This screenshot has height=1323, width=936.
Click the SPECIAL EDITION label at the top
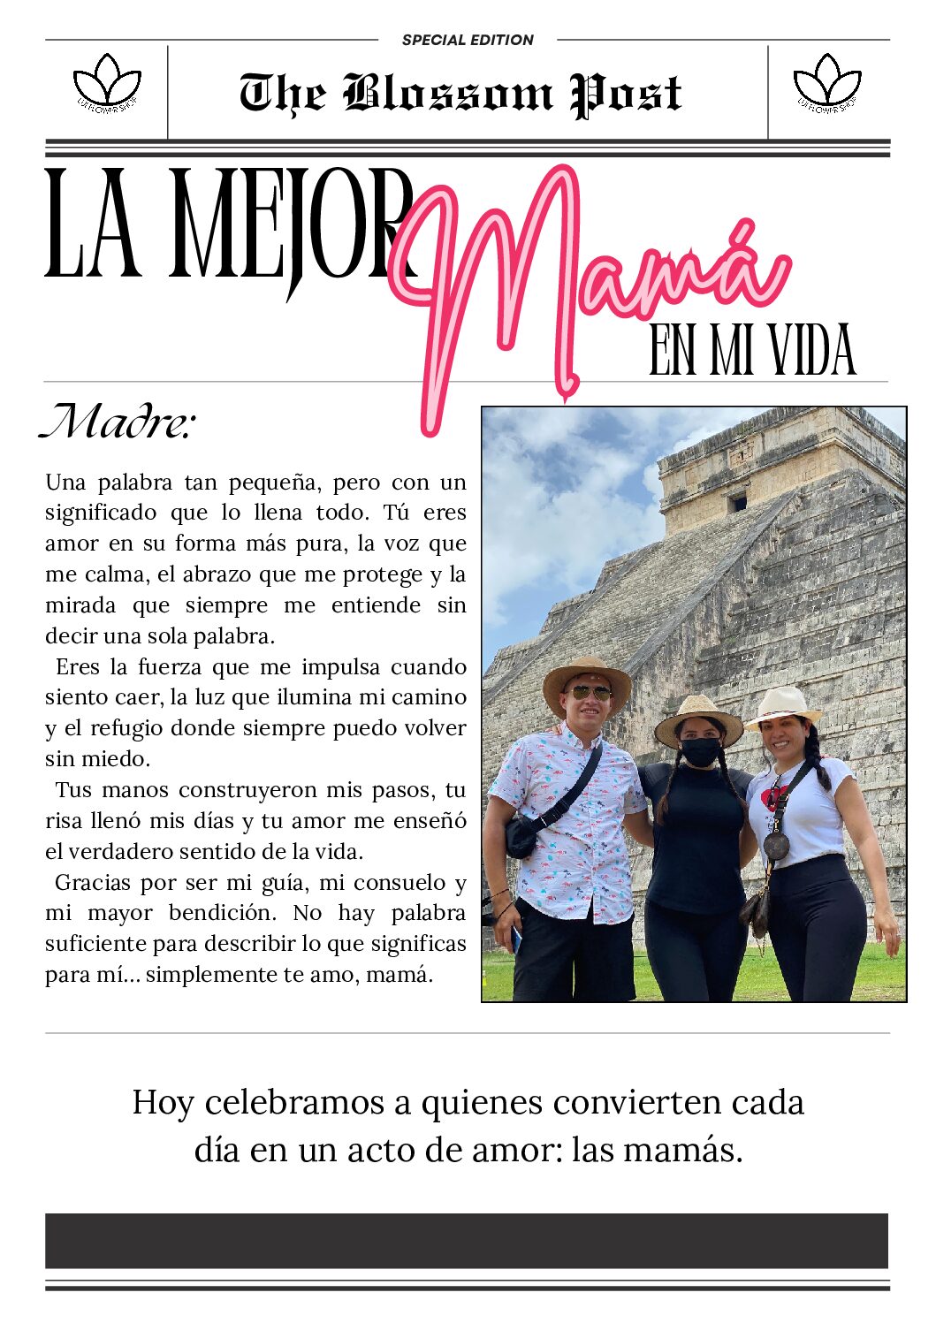click(x=468, y=40)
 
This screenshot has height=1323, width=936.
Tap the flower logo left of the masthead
click(x=107, y=83)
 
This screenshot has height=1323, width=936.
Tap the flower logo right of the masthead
click(x=827, y=83)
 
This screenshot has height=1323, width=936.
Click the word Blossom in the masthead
click(x=448, y=94)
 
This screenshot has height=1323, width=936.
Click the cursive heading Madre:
click(x=117, y=422)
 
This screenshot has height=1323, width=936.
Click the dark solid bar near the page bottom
click(x=467, y=1241)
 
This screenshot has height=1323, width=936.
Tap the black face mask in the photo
click(x=701, y=752)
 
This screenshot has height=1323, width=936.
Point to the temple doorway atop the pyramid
click(x=737, y=503)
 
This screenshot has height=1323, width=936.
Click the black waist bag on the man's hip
click(x=521, y=836)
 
